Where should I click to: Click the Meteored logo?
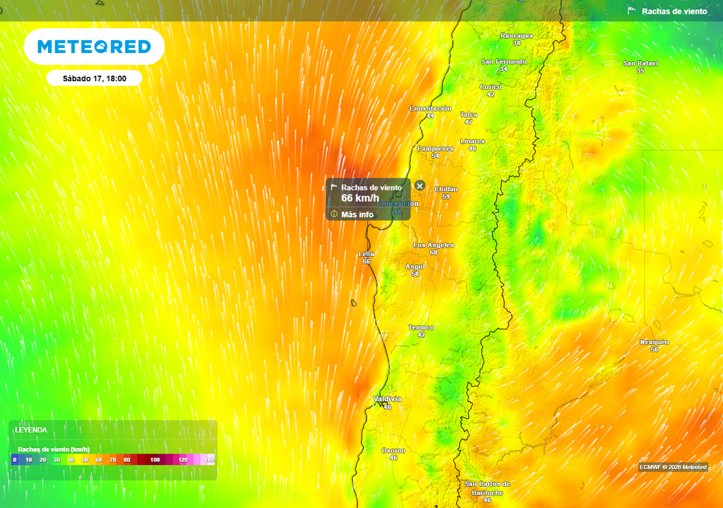(x=94, y=47)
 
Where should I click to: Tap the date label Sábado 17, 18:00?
(x=94, y=78)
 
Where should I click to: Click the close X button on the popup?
(x=420, y=186)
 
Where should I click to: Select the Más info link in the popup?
(x=357, y=214)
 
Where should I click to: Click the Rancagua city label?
(x=517, y=35)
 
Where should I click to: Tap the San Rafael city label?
(x=640, y=64)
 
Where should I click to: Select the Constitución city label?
(x=430, y=109)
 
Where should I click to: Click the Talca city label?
(x=468, y=114)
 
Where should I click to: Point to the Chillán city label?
(x=446, y=189)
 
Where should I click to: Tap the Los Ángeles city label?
(x=434, y=245)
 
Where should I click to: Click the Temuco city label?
(x=422, y=327)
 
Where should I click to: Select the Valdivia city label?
(x=387, y=399)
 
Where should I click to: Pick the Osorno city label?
(x=393, y=450)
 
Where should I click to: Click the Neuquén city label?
(x=655, y=342)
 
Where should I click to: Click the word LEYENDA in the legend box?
(x=31, y=430)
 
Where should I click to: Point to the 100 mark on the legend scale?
(x=155, y=460)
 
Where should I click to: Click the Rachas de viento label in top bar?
(x=674, y=11)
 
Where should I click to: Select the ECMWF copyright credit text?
(x=673, y=467)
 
